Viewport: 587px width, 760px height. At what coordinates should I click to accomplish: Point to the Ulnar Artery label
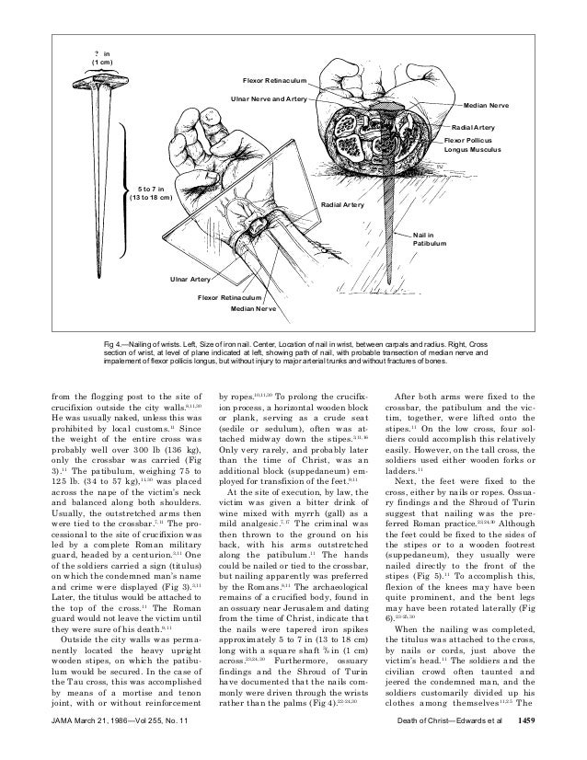189,278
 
